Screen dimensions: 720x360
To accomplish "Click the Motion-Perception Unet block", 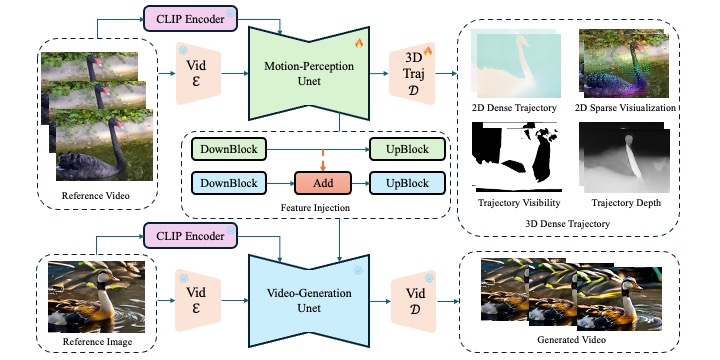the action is point(309,73).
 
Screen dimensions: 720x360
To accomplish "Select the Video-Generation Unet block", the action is point(309,300).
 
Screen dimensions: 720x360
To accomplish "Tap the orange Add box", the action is point(322,183).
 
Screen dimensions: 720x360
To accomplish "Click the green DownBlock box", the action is point(228,149).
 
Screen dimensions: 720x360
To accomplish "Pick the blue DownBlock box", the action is point(228,183).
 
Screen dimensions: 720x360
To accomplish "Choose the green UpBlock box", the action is point(407,149).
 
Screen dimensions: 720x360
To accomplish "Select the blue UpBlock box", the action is point(407,183).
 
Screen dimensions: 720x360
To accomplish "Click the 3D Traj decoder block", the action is point(412,73).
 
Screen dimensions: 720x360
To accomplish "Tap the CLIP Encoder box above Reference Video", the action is point(190,19).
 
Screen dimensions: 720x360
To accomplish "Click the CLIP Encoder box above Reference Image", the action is point(190,236).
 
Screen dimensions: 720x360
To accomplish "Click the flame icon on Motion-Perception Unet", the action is point(359,44).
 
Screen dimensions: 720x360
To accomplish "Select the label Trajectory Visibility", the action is point(519,202).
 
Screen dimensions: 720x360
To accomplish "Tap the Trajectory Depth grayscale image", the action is point(624,157).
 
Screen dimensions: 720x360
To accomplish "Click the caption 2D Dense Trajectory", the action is point(513,108).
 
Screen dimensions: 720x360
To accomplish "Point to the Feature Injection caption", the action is point(315,208).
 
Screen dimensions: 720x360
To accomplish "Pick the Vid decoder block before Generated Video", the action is point(413,301).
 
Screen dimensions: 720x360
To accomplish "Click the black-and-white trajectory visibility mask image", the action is point(518,157).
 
